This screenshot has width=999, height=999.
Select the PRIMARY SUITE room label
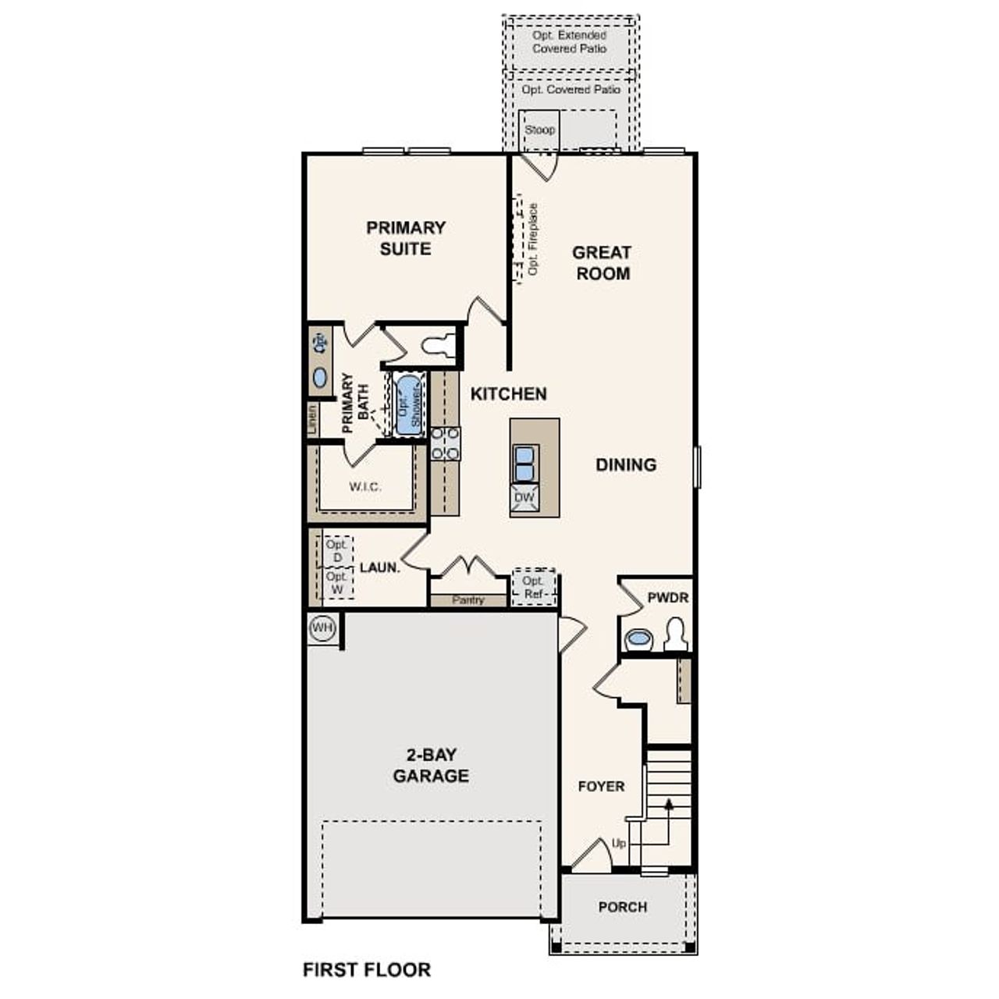click(406, 238)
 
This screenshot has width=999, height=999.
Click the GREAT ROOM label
click(603, 263)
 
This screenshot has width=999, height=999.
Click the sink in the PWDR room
click(638, 638)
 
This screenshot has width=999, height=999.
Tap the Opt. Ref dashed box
click(534, 587)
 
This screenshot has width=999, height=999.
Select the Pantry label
click(468, 600)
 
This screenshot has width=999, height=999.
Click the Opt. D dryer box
click(337, 551)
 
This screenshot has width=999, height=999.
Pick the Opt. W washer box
click(337, 583)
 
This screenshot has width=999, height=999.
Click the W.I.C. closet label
click(364, 487)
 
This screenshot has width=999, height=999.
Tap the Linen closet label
click(312, 420)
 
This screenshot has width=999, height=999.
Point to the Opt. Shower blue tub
click(407, 403)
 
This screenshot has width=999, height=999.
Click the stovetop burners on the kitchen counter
click(446, 443)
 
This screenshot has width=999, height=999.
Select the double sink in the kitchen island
click(524, 462)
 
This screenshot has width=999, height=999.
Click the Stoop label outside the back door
click(539, 130)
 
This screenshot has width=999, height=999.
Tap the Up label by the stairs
click(619, 844)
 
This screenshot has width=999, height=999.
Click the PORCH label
click(622, 907)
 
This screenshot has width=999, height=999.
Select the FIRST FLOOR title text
click(366, 969)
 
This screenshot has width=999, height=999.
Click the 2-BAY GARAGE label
click(431, 766)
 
